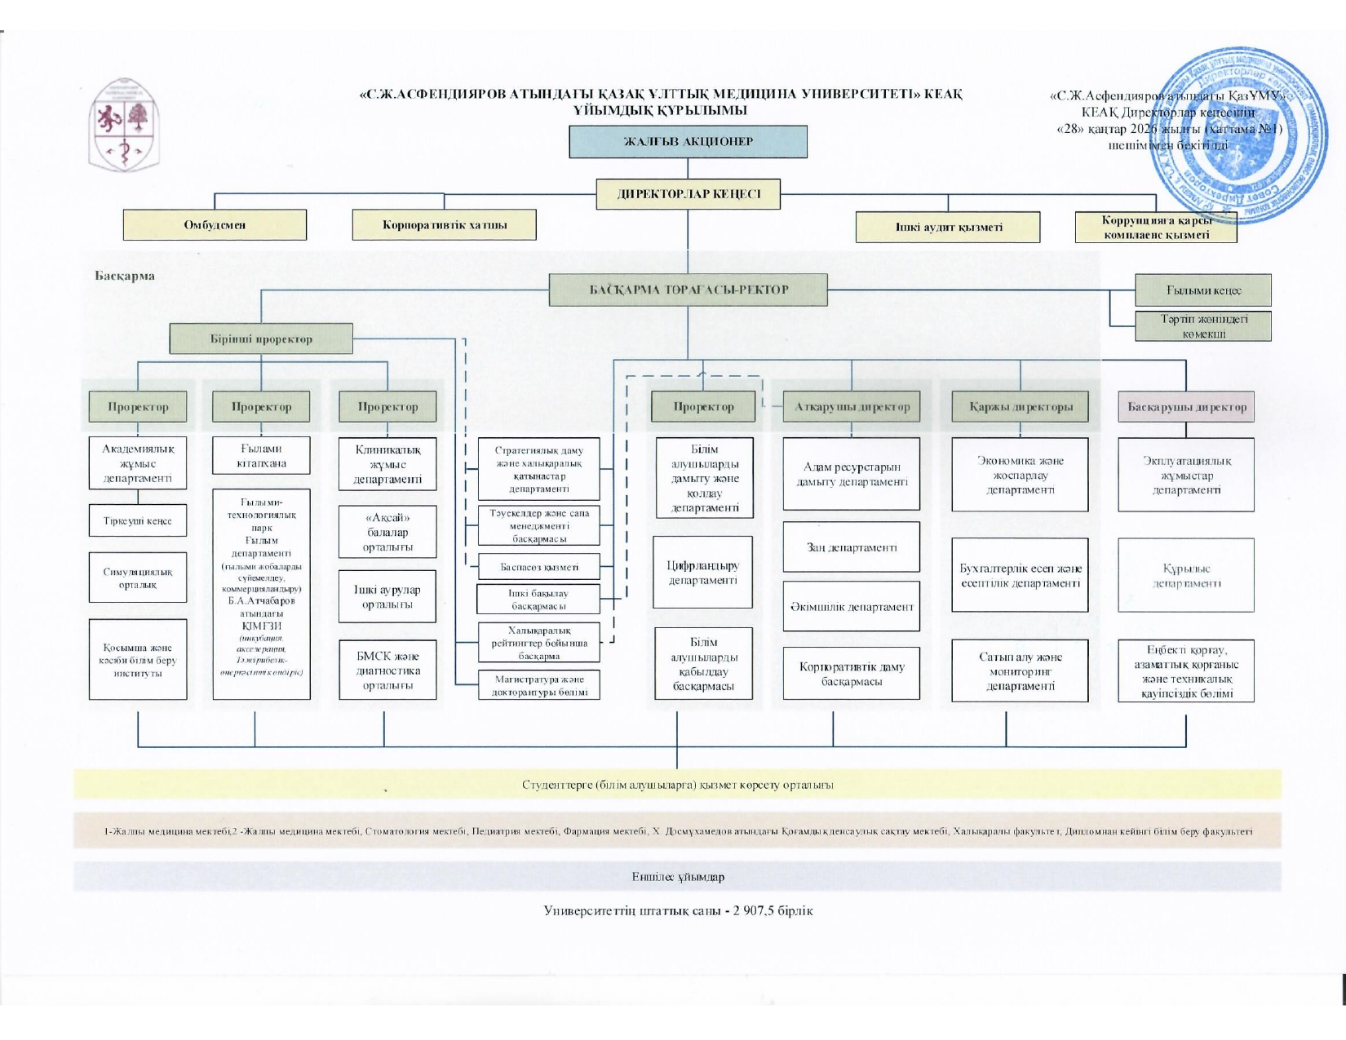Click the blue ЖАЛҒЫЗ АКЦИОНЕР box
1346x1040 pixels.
688,141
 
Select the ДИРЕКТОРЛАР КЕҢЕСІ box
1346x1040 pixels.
688,194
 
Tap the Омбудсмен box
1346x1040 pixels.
215,224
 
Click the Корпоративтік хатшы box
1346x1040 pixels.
444,224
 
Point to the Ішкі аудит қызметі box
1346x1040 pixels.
947,227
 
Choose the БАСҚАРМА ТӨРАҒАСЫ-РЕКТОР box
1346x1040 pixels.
688,290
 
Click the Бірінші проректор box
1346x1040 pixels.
261,339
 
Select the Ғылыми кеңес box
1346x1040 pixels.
1202,290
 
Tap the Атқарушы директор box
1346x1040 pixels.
852,406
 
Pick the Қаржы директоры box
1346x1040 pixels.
1020,406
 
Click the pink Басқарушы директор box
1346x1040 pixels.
1186,406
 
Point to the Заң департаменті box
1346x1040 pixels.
851,547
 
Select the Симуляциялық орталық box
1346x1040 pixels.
137,578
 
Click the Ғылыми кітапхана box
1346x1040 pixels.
261,455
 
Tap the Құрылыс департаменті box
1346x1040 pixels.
1186,575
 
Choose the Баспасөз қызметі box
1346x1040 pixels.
538,567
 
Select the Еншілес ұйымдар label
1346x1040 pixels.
677,877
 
